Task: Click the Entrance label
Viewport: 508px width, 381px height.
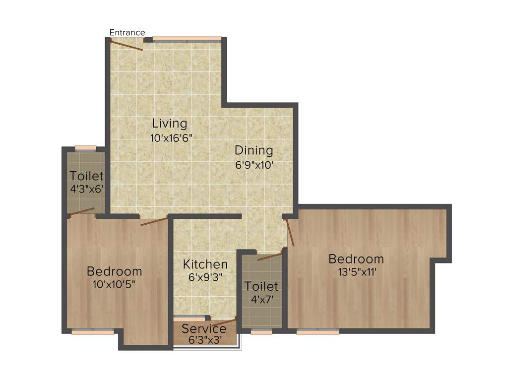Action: [127, 33]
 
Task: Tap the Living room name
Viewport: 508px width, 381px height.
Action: [170, 124]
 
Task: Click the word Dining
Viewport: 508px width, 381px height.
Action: [254, 150]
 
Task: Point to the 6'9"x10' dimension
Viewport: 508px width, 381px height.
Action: [254, 165]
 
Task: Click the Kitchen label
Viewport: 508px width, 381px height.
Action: [205, 264]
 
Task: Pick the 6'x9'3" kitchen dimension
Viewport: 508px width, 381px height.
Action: [205, 277]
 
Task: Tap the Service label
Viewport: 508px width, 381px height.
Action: [204, 329]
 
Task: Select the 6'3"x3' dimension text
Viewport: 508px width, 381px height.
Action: [204, 340]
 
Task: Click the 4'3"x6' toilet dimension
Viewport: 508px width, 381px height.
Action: [87, 189]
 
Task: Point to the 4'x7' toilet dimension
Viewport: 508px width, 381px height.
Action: [261, 299]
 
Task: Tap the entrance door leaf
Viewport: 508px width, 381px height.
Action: [126, 45]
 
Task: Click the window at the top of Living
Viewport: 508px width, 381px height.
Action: [187, 39]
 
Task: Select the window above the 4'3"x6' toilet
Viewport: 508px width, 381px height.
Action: [85, 147]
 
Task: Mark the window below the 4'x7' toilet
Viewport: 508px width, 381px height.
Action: [261, 332]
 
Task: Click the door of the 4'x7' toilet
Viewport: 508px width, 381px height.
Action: [270, 256]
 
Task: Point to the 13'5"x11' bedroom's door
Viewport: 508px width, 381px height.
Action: [290, 232]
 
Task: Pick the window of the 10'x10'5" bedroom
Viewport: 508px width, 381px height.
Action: [93, 332]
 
